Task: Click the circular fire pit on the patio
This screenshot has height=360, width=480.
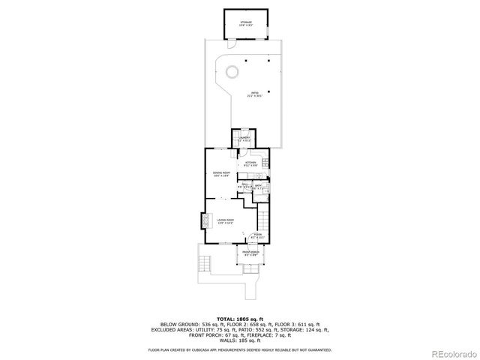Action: [x=232, y=72]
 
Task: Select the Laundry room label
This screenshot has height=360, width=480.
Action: [x=244, y=139]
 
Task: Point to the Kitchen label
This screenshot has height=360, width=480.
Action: [x=250, y=163]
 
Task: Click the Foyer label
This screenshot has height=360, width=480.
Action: [x=257, y=235]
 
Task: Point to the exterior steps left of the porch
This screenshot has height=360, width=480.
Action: [x=203, y=263]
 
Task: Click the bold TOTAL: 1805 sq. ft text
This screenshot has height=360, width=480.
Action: [x=239, y=319]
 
